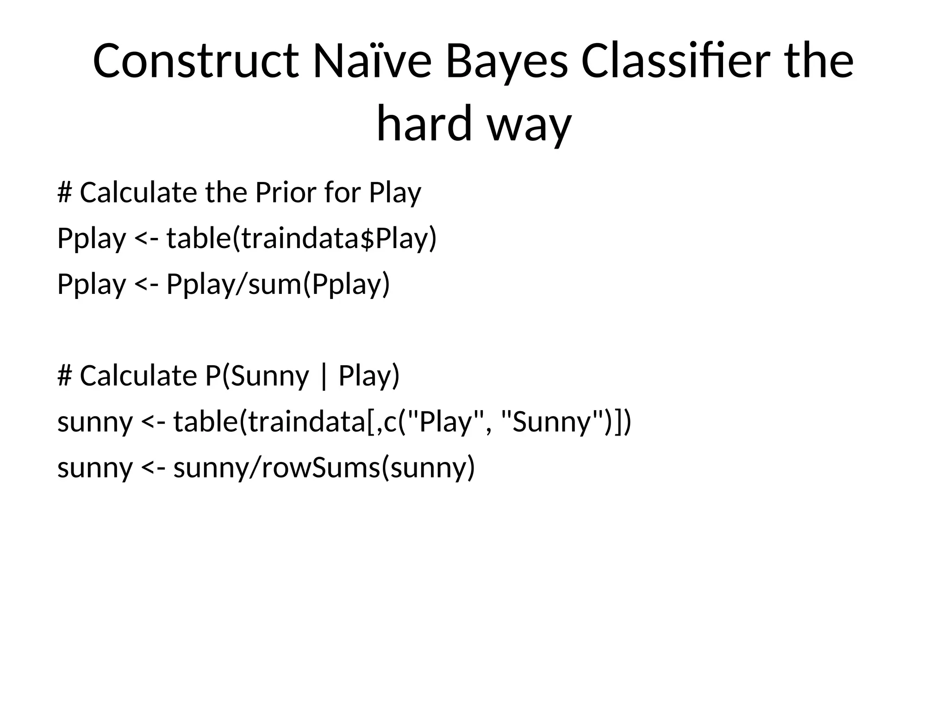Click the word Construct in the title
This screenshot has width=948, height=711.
point(195,62)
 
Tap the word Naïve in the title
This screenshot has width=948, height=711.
point(372,62)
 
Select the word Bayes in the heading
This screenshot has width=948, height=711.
point(506,62)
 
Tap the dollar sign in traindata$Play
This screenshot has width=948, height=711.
point(367,239)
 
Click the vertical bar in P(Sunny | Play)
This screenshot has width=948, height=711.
point(323,376)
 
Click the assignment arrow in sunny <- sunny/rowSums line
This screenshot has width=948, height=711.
point(153,468)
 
